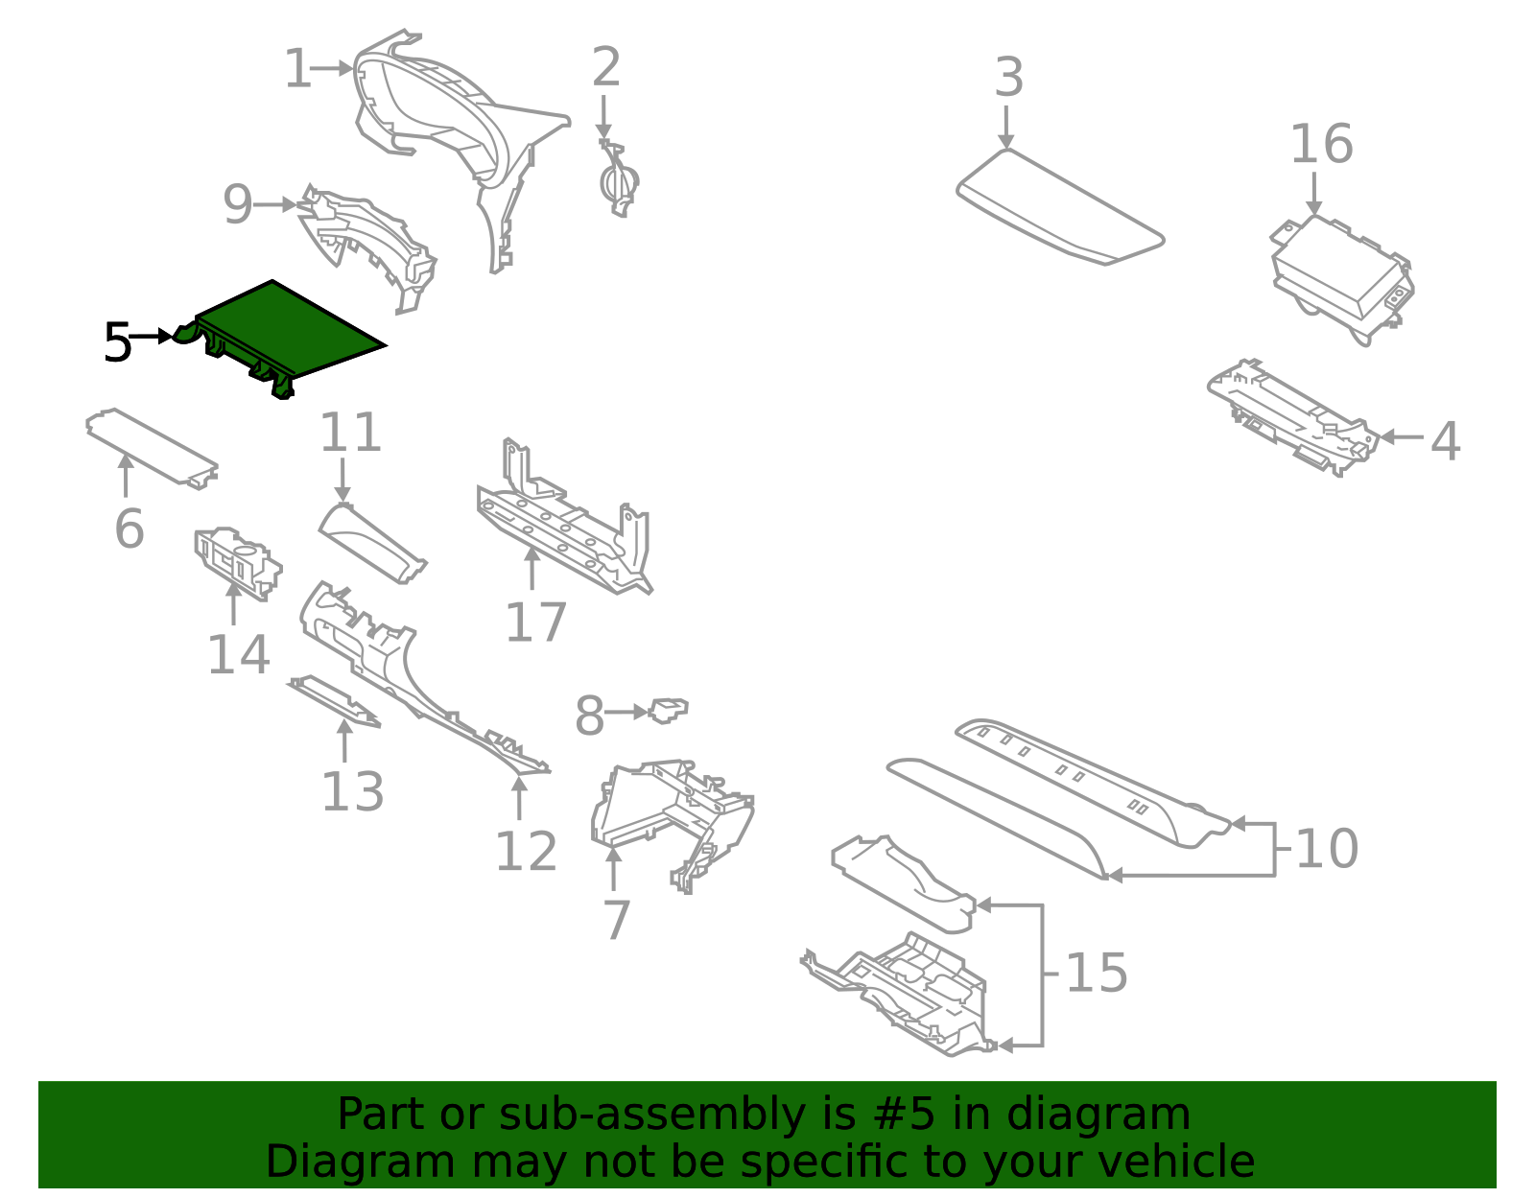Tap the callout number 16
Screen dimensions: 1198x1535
click(x=1321, y=145)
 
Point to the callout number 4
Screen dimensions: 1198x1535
click(x=1445, y=441)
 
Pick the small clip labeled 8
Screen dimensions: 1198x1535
click(x=668, y=711)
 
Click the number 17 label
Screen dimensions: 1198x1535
click(x=535, y=623)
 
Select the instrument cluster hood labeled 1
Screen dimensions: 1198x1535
click(x=432, y=106)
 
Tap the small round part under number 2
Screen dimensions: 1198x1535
click(x=618, y=182)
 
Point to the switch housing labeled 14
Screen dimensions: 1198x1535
click(x=237, y=562)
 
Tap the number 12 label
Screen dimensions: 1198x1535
click(x=525, y=852)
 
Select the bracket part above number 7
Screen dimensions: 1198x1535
click(x=672, y=815)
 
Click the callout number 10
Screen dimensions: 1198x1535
click(x=1326, y=849)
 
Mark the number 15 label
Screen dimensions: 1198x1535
click(x=1096, y=974)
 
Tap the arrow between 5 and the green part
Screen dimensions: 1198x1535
click(x=151, y=336)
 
